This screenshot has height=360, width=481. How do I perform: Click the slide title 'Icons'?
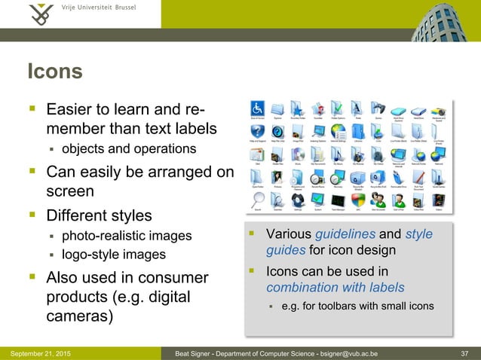pyautogui.click(x=54, y=72)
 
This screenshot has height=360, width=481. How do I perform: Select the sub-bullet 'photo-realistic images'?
pyautogui.click(x=126, y=236)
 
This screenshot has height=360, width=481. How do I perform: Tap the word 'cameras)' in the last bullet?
pyautogui.click(x=80, y=315)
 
